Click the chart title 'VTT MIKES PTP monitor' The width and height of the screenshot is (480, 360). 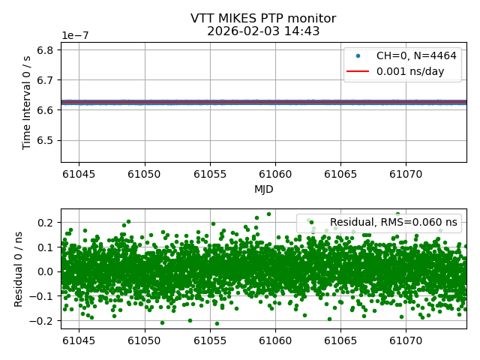[263, 19]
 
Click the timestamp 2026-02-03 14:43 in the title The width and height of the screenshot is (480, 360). [263, 31]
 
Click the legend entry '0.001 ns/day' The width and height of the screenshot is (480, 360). [415, 71]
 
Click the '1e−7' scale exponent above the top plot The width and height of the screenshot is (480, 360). [76, 35]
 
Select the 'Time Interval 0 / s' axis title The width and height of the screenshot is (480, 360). [27, 102]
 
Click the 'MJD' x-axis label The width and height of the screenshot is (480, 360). [263, 189]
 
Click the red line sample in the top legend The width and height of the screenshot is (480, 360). [356, 72]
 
